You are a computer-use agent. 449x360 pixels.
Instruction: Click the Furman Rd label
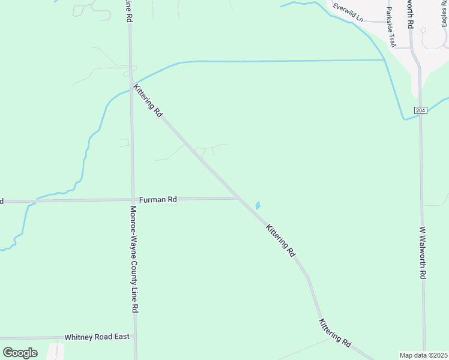point(158,199)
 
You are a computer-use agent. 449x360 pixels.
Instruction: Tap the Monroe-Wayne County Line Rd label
point(135,259)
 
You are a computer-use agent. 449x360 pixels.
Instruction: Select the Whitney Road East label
point(97,337)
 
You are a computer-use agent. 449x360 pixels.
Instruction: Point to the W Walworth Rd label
point(423,252)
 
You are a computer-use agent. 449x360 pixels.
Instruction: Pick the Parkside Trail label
point(391,28)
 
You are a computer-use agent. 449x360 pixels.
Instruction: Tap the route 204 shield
point(420,110)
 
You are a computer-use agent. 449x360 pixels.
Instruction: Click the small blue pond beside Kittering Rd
point(258,205)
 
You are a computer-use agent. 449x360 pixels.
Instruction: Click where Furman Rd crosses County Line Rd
point(132,200)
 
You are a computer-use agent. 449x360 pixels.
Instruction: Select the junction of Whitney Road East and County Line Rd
point(135,337)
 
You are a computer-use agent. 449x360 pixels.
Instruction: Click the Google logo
point(20,352)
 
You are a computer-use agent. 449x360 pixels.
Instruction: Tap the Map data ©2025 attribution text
point(423,355)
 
